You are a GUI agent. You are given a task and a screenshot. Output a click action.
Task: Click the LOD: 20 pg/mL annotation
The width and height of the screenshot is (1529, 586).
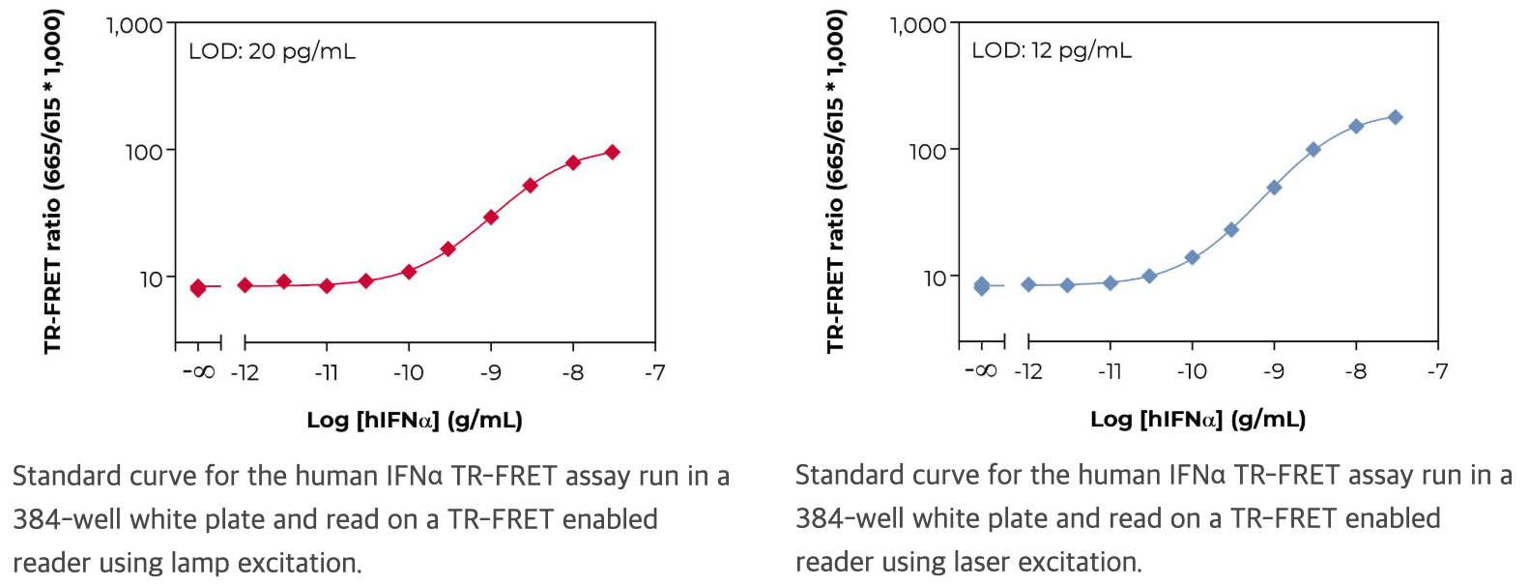(x=272, y=51)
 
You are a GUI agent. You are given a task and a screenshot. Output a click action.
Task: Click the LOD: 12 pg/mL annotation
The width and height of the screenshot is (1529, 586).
(x=1051, y=50)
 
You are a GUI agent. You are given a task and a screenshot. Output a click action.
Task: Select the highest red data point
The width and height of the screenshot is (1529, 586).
(x=612, y=152)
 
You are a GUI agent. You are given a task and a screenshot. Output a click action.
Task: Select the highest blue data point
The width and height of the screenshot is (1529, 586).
(x=1395, y=117)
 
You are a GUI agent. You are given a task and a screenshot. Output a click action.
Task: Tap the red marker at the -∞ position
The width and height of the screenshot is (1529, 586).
(x=198, y=287)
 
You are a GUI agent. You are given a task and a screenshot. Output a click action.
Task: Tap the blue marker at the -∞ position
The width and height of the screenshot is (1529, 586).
(x=982, y=285)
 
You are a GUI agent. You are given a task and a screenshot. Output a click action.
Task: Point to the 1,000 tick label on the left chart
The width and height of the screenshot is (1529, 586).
(x=134, y=25)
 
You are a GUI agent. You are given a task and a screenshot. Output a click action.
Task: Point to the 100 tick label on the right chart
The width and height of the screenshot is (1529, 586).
(x=928, y=151)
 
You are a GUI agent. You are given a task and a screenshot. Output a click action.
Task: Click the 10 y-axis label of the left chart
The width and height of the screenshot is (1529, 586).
(x=151, y=279)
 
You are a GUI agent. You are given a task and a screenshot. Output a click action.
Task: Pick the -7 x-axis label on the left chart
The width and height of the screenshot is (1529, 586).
(x=654, y=372)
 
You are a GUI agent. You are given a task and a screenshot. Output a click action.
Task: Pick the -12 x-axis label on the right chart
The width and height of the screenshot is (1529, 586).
(x=1027, y=371)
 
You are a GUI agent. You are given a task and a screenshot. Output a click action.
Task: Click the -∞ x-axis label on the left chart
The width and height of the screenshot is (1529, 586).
(x=198, y=372)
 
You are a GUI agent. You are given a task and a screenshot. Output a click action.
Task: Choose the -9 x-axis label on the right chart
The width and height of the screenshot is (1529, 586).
(x=1273, y=371)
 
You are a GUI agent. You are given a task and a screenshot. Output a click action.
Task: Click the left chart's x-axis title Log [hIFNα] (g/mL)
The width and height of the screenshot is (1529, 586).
(x=414, y=420)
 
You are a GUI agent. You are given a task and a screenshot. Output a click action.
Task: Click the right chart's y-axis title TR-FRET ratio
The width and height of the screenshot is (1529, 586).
(x=836, y=181)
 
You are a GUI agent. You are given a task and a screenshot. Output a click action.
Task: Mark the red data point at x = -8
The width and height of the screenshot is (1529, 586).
(x=573, y=162)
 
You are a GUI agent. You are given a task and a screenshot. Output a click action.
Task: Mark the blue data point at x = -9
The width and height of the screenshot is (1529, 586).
(x=1274, y=188)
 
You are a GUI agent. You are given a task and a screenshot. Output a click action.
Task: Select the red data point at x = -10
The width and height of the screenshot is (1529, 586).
(x=409, y=272)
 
